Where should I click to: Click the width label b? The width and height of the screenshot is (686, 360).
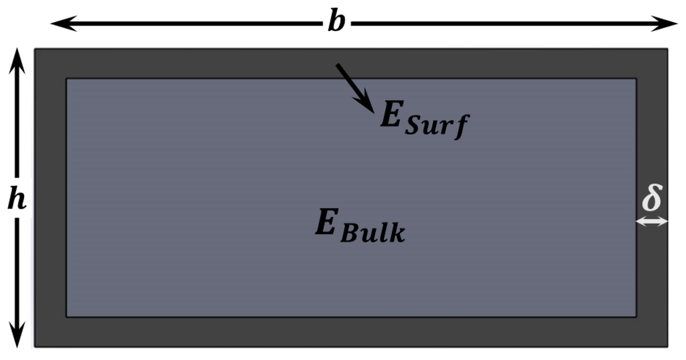coord(336,23)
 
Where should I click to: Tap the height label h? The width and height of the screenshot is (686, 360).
coord(17,200)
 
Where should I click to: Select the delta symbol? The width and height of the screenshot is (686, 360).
coord(652,198)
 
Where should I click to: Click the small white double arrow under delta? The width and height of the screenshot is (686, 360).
coord(652,221)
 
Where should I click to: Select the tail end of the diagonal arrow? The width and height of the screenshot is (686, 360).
coord(337,65)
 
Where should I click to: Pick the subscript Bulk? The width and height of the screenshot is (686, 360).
coord(372,233)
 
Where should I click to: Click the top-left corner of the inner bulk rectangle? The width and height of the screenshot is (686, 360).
coord(66,78)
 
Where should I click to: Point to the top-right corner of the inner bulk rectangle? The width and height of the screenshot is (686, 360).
coord(636,78)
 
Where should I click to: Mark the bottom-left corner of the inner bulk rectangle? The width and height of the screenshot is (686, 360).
coord(66,316)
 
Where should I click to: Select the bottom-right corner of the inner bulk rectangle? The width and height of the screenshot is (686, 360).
coord(636,316)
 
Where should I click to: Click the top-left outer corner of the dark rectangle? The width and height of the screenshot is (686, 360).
coord(35,48)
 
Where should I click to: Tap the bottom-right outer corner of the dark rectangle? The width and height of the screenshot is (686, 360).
coord(668,347)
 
